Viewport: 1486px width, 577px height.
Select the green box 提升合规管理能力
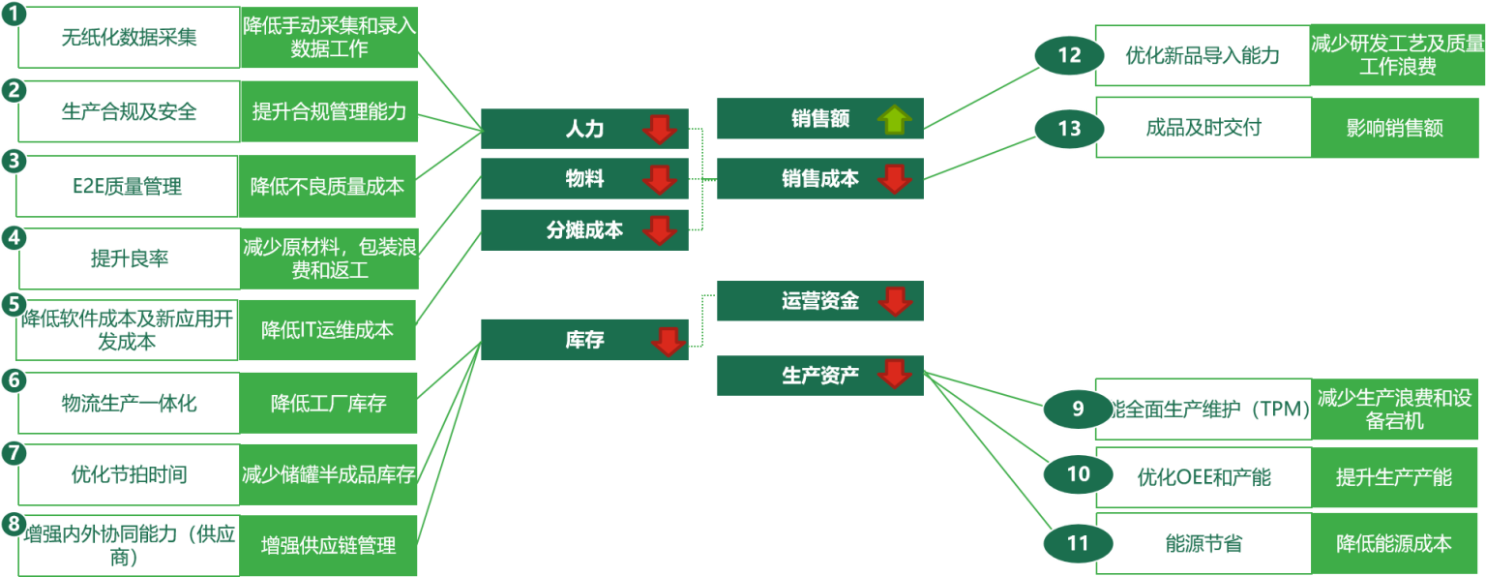[x=329, y=111]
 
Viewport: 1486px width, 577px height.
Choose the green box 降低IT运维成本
[x=328, y=330]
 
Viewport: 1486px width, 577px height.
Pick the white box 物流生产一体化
[x=129, y=403]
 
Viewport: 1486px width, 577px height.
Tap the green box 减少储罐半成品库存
[x=328, y=474]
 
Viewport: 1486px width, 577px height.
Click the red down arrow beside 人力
[x=660, y=129]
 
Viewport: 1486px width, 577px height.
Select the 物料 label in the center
[x=584, y=178]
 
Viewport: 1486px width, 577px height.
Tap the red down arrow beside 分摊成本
[x=660, y=230]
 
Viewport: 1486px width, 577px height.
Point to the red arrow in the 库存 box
[x=668, y=341]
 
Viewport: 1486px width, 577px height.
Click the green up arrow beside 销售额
[x=895, y=119]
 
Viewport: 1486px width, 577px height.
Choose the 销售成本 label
[x=819, y=178]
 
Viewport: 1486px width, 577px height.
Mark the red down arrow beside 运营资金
[x=895, y=301]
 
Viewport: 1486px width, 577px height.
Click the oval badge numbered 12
[x=1069, y=55]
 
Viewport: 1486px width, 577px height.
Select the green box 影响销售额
[x=1394, y=128]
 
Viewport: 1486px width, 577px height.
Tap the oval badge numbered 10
[x=1078, y=473]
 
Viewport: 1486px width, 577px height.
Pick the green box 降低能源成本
[x=1394, y=543]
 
